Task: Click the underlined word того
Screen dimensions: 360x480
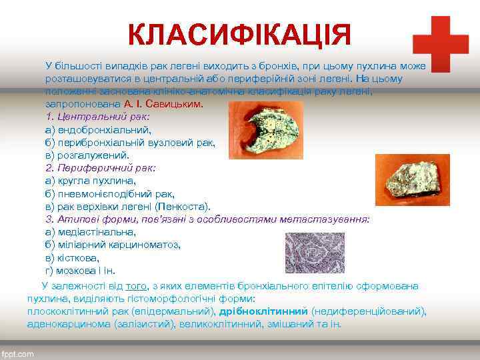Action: (x=136, y=286)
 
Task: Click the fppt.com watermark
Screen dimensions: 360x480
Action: (x=17, y=353)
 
